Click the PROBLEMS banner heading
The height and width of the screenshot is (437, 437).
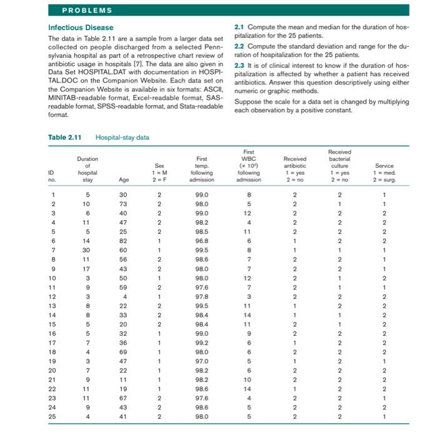[x=87, y=11]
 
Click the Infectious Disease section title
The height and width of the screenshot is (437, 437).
[x=81, y=27]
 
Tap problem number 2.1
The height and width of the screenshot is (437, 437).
[x=241, y=27]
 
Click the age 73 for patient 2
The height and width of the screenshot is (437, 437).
[x=124, y=204]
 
